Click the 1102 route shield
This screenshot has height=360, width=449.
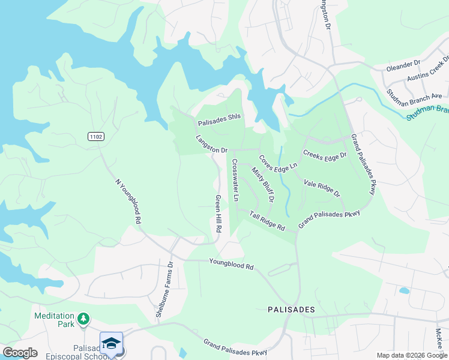tap(95, 137)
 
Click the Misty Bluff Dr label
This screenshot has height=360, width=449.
tap(263, 185)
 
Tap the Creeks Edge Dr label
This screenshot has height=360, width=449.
tap(325, 155)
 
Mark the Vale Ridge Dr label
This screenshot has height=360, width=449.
tap(322, 188)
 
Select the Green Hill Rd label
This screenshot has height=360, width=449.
tap(219, 214)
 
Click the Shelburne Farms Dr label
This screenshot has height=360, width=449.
tap(164, 289)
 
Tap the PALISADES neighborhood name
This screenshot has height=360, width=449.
tap(291, 310)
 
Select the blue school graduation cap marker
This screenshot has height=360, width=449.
tap(111, 343)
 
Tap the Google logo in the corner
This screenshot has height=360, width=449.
tap(20, 353)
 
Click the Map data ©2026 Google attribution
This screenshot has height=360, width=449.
tap(411, 355)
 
